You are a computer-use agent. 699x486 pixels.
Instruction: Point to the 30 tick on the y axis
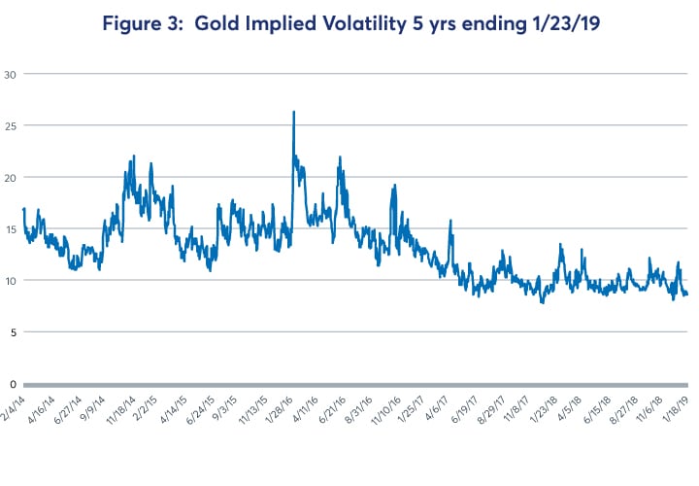tap(12, 74)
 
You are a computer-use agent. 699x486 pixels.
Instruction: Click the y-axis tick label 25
tap(12, 125)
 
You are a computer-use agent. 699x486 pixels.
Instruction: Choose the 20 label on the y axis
tap(12, 177)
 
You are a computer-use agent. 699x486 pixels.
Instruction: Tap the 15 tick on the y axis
tap(12, 228)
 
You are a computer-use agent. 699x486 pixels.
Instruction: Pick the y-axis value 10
tap(12, 280)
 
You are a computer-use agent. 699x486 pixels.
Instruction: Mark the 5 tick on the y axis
tap(14, 331)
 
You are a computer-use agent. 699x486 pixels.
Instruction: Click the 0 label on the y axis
tap(14, 383)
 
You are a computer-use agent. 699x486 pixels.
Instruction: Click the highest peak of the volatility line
tap(293, 112)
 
